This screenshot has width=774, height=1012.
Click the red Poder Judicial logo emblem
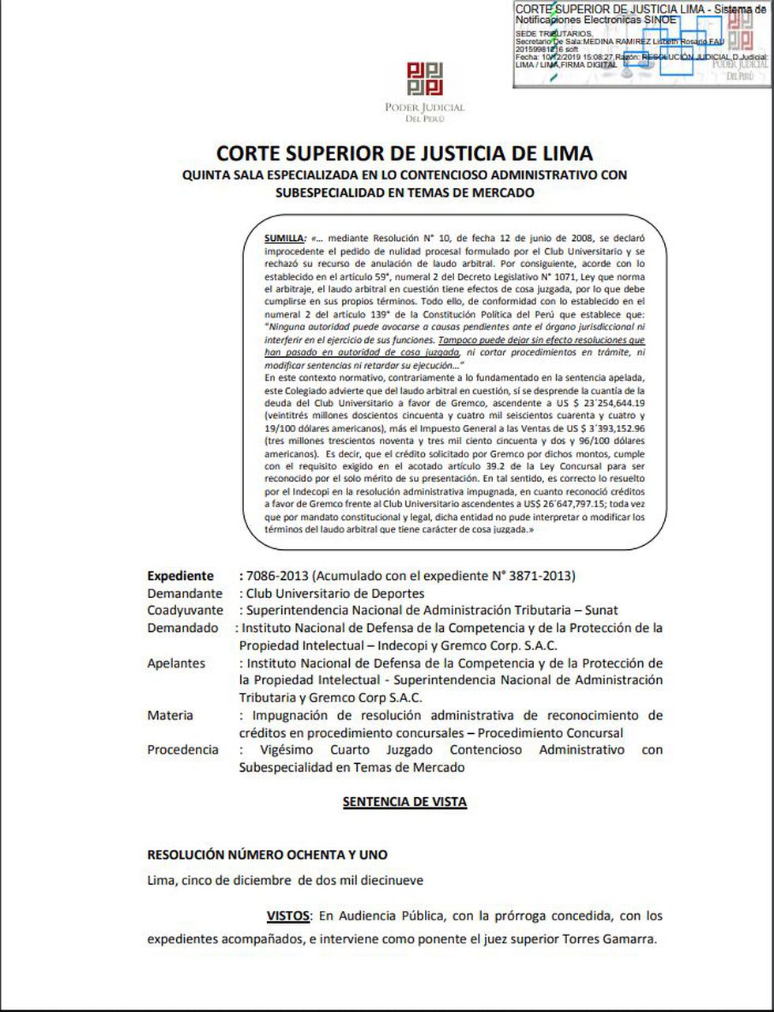pyautogui.click(x=425, y=79)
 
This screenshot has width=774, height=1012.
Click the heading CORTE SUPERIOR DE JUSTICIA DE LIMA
pyautogui.click(x=404, y=152)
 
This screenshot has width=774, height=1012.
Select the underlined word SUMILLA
pyautogui.click(x=284, y=238)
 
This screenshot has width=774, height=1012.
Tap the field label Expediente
pyautogui.click(x=180, y=576)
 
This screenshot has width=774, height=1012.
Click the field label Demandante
pyautogui.click(x=185, y=593)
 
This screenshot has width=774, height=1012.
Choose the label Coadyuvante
pyautogui.click(x=185, y=611)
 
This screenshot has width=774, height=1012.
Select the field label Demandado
pyautogui.click(x=182, y=628)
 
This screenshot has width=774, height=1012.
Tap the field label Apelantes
pyautogui.click(x=176, y=664)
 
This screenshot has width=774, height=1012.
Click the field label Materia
pyautogui.click(x=170, y=716)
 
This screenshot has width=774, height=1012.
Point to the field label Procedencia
pyautogui.click(x=182, y=750)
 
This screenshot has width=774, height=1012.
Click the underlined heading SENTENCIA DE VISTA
pyautogui.click(x=404, y=802)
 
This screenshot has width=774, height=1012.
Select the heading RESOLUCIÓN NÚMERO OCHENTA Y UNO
pyautogui.click(x=267, y=855)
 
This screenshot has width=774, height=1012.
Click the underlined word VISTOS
pyautogui.click(x=287, y=916)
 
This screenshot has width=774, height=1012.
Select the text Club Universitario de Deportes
pyautogui.click(x=335, y=593)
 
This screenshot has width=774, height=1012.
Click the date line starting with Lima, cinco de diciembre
pyautogui.click(x=285, y=880)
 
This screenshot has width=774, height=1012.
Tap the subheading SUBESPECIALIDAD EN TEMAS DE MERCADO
pyautogui.click(x=404, y=192)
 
